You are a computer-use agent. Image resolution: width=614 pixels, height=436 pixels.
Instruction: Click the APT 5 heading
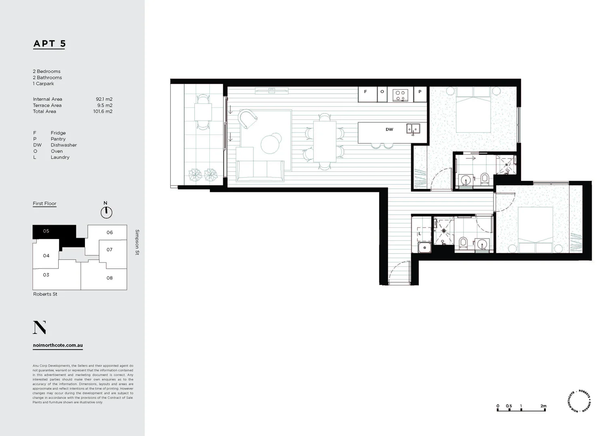coord(49,44)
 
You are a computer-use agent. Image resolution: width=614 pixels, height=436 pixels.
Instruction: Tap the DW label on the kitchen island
coord(389,130)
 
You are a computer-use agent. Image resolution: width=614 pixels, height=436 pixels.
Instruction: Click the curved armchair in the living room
coord(247,119)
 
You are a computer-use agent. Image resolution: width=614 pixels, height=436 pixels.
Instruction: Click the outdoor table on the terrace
coord(203,112)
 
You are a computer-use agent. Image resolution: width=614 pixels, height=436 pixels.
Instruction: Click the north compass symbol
coord(106,212)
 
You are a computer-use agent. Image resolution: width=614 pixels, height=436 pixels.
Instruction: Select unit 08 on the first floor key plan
coord(110,278)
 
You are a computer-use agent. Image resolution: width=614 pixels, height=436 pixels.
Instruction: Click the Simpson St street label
coord(137,242)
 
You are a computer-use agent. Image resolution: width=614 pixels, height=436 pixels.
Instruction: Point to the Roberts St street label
coord(45,294)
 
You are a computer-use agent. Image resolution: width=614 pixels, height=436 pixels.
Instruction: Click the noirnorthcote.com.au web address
coord(58,346)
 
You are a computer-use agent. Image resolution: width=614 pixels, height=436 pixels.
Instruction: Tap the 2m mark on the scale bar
coord(543,406)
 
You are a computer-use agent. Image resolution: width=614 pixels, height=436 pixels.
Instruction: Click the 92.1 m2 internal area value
coord(104,99)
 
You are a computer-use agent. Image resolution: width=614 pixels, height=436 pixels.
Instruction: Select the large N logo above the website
coord(39,327)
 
